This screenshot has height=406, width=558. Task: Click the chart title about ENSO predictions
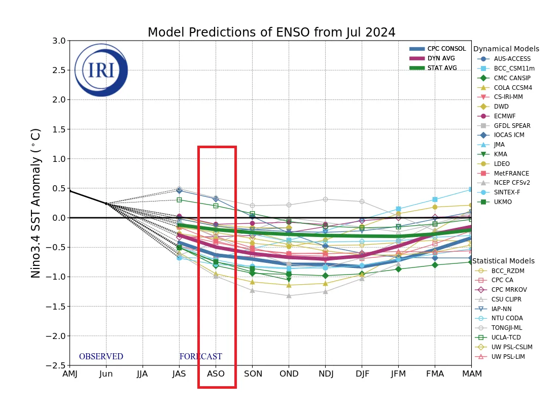click(x=271, y=32)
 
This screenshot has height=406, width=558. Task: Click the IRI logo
click(x=101, y=70)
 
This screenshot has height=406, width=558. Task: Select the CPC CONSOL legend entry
click(x=438, y=49)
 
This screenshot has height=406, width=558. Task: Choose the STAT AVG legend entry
click(x=433, y=68)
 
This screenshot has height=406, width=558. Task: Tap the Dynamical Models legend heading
click(x=506, y=49)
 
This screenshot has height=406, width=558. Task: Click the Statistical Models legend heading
click(x=503, y=261)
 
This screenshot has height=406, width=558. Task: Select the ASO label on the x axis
click(x=216, y=374)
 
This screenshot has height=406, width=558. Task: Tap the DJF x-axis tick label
click(x=362, y=374)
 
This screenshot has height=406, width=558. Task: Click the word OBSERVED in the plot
click(x=101, y=357)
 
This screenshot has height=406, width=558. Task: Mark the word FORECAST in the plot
click(x=200, y=357)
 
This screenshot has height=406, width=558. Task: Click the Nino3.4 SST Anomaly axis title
click(x=36, y=203)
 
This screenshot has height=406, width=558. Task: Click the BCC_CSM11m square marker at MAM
click(x=471, y=189)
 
